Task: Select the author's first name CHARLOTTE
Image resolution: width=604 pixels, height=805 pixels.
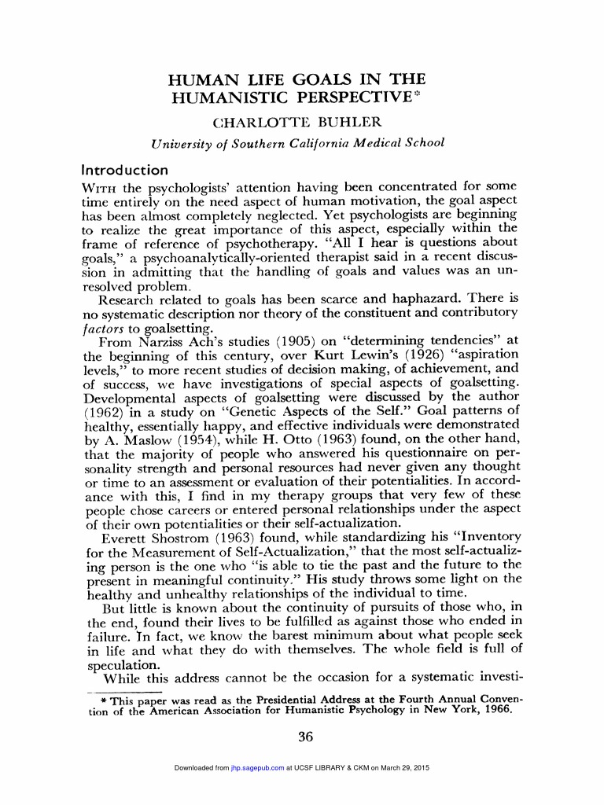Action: click(x=264, y=123)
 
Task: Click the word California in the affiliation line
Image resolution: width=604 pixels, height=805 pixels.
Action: click(x=315, y=142)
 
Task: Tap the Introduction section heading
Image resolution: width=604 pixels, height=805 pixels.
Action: click(x=125, y=169)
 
